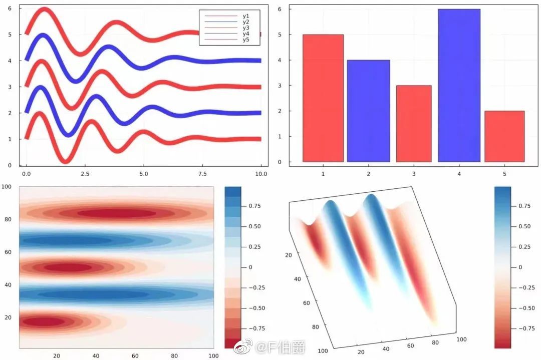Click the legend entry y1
pyautogui.click(x=245, y=16)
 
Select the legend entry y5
pyautogui.click(x=245, y=40)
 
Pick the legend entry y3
pyautogui.click(x=245, y=28)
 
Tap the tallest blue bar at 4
pyautogui.click(x=459, y=85)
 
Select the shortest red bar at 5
pyautogui.click(x=504, y=136)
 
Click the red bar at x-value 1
pyautogui.click(x=323, y=98)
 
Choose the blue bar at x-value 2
pyautogui.click(x=368, y=111)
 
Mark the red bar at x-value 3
pyautogui.click(x=414, y=124)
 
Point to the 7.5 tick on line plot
pyautogui.click(x=203, y=174)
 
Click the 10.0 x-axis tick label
pyautogui.click(x=261, y=174)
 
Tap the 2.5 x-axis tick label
pyautogui.click(x=84, y=174)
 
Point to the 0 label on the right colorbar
pyautogui.click(x=519, y=267)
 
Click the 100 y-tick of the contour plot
pyautogui.click(x=7, y=187)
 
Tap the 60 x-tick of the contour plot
pyautogui.click(x=135, y=355)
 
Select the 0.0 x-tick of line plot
pyautogui.click(x=26, y=174)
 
